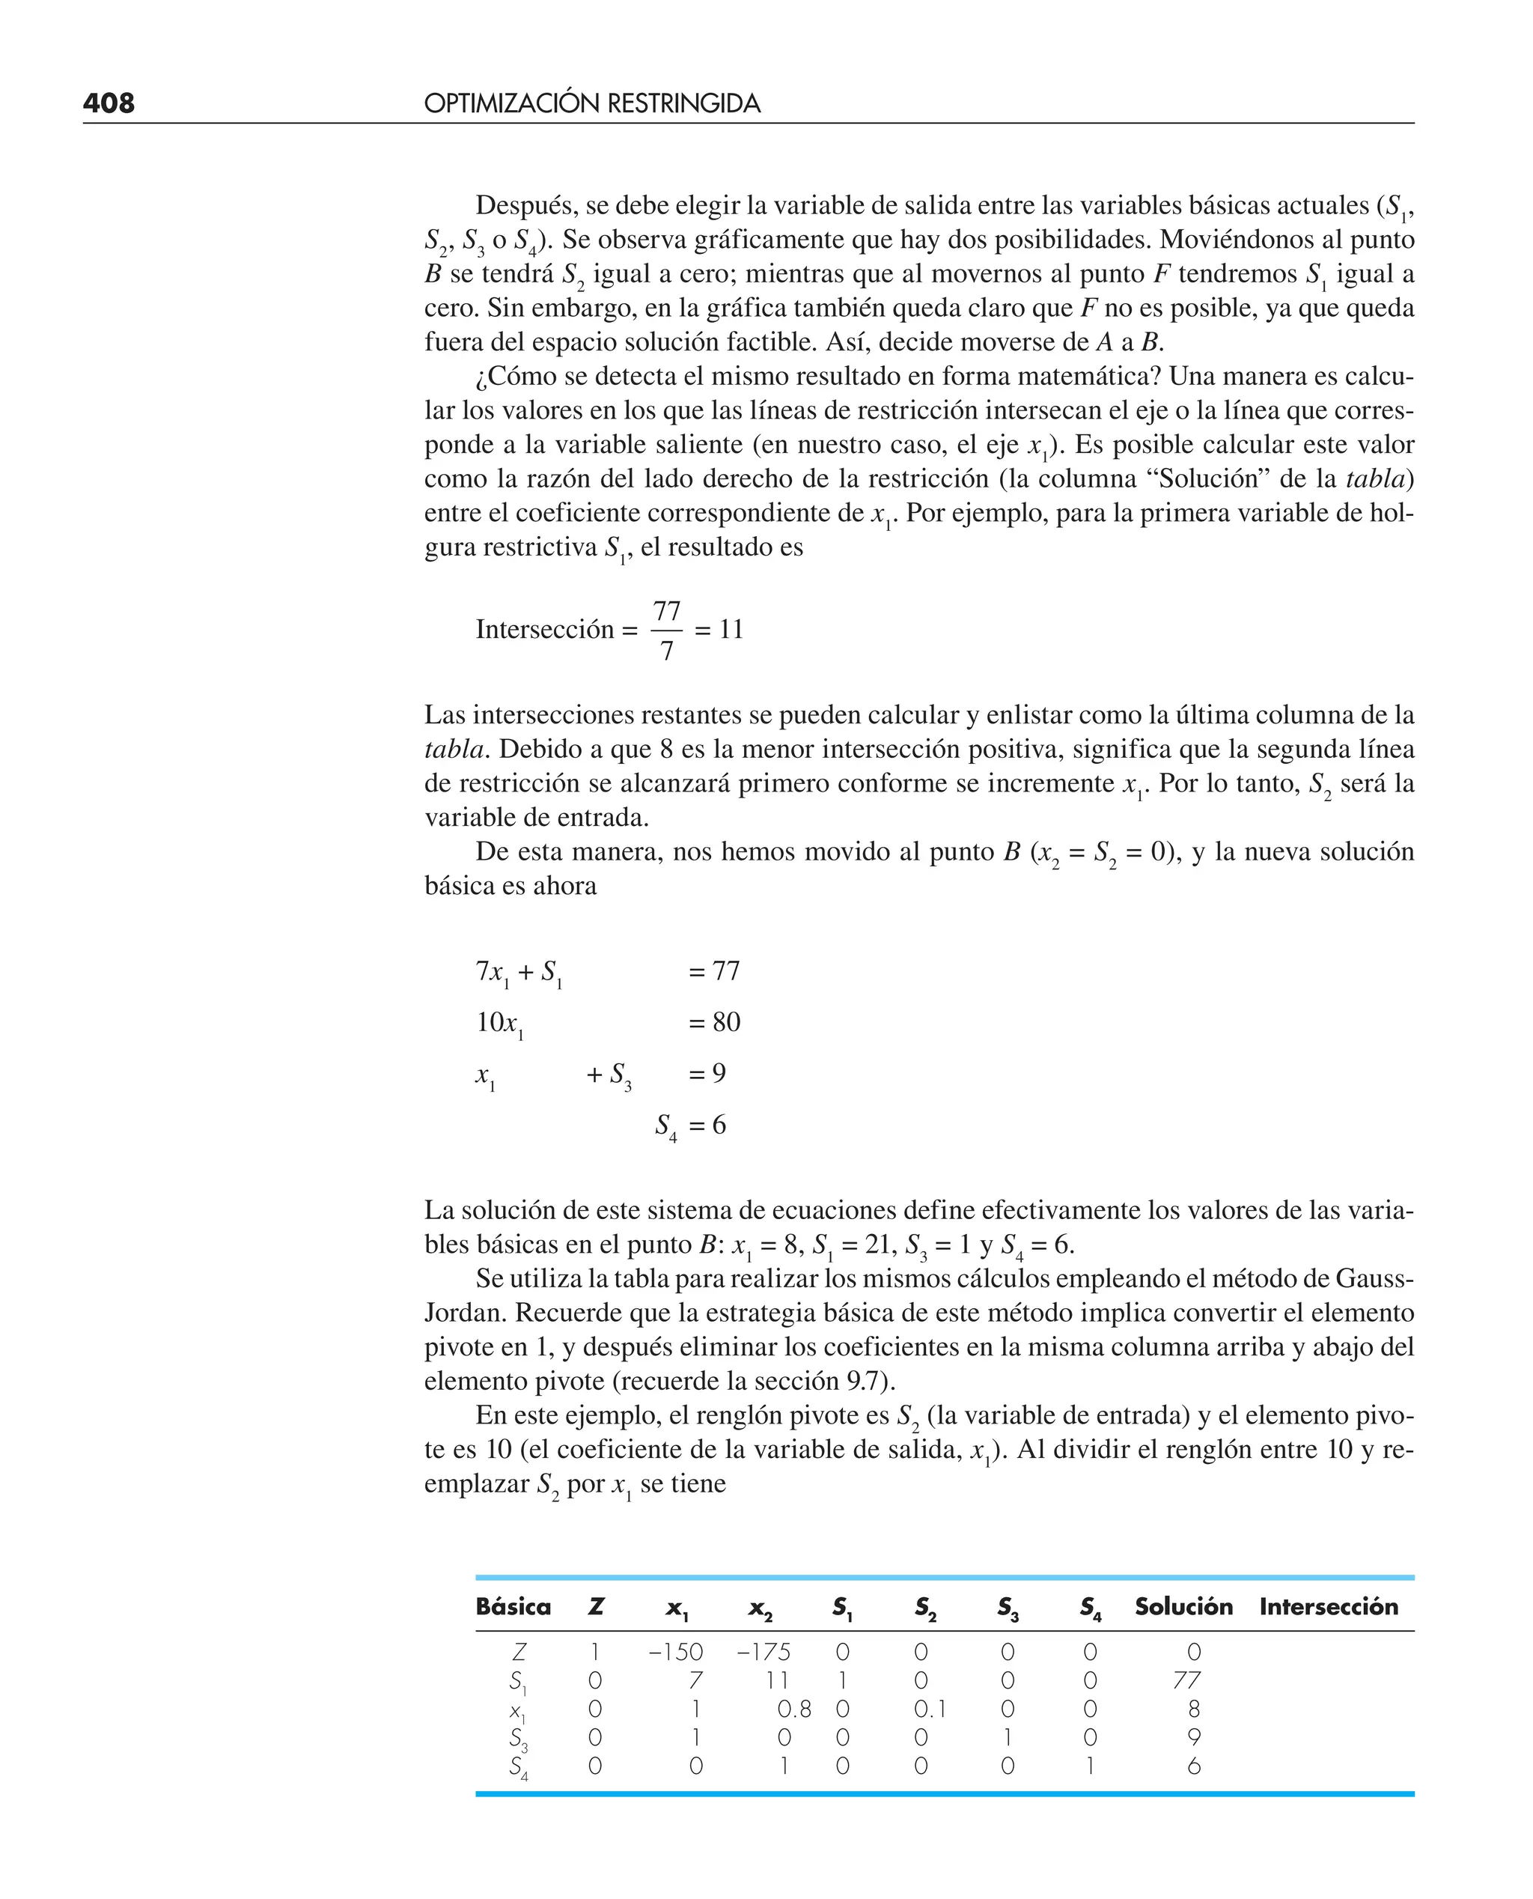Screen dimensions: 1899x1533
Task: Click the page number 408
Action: pyautogui.click(x=109, y=103)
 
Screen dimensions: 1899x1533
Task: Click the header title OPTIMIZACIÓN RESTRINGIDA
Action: pyautogui.click(x=591, y=104)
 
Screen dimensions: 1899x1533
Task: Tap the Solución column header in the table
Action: pyautogui.click(x=1183, y=1607)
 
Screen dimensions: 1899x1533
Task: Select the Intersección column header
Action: pyautogui.click(x=1328, y=1607)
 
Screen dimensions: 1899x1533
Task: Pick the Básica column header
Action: pyautogui.click(x=513, y=1607)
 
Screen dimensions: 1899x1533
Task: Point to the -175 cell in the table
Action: pyautogui.click(x=764, y=1652)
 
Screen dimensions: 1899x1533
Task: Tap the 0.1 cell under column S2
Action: pyautogui.click(x=930, y=1709)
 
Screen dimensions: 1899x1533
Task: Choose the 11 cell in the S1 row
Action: pyautogui.click(x=776, y=1680)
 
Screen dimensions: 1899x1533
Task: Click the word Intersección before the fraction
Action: pyautogui.click(x=545, y=630)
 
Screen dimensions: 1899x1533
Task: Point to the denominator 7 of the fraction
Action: pyautogui.click(x=667, y=651)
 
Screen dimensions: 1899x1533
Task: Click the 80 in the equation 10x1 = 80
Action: pyautogui.click(x=726, y=1022)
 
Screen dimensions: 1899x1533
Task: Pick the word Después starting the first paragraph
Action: pyautogui.click(x=526, y=205)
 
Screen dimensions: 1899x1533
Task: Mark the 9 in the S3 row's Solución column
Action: pyautogui.click(x=1194, y=1737)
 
